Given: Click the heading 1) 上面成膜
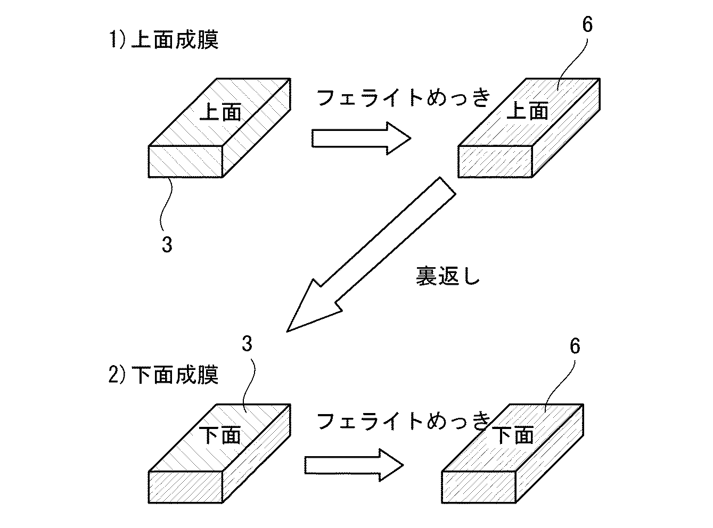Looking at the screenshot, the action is [164, 40].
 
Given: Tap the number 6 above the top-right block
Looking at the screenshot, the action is [587, 24].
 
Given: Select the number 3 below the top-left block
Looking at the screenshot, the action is [167, 244].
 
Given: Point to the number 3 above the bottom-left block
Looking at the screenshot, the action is [247, 343].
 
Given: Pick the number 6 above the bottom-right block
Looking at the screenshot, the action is [575, 346].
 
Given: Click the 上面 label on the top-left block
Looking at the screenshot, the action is [220, 112].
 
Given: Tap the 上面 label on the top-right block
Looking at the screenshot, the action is [528, 111].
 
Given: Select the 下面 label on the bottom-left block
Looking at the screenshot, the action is [220, 435].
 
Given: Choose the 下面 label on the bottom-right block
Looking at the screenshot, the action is [513, 435].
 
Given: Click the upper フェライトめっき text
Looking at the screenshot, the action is [404, 97].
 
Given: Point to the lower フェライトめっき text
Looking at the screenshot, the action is [404, 420].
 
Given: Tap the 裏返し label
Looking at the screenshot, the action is [448, 276].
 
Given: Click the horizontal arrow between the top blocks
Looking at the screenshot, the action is [362, 138].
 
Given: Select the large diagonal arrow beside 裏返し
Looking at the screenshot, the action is [371, 254].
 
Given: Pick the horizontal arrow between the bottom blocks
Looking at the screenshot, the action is [354, 465].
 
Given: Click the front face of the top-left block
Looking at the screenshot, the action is [185, 161].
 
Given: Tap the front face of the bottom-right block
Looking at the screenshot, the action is [479, 487].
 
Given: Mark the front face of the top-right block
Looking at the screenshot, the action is [495, 161].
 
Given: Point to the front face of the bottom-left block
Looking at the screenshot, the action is [185, 487].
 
